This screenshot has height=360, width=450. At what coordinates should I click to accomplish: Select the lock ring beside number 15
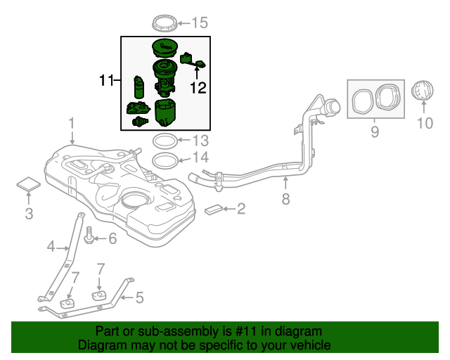point(166,22)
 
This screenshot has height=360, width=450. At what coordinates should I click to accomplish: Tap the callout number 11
point(105,82)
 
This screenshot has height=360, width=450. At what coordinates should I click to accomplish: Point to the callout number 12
point(198,88)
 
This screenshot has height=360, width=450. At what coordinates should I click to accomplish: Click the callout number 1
point(71,125)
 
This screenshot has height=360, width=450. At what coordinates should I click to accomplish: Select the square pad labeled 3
point(29,184)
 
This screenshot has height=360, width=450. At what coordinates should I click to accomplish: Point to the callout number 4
point(51,246)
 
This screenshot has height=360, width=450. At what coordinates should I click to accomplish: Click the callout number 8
point(285,199)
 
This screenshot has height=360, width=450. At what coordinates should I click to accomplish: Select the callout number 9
point(374,131)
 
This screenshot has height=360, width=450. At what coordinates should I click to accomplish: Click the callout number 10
point(425,124)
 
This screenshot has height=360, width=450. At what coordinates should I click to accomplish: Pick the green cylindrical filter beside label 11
point(139,88)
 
